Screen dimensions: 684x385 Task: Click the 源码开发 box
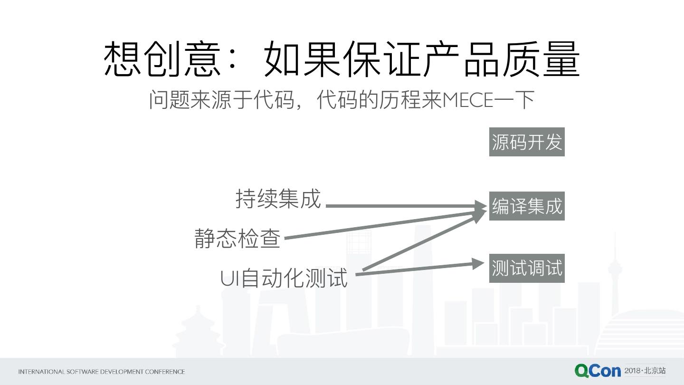(x=527, y=142)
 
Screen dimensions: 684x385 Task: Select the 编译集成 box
(x=527, y=206)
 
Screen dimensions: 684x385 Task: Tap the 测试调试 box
(x=527, y=268)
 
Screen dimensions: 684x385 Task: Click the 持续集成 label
(x=278, y=199)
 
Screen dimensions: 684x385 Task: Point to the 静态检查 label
(x=237, y=238)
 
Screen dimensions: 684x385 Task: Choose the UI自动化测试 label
(x=284, y=278)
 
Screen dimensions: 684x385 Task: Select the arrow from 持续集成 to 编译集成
(x=404, y=206)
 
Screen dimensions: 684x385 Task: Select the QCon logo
(x=597, y=371)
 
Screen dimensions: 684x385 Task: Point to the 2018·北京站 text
(x=645, y=370)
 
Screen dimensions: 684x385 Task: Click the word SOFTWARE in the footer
(x=83, y=372)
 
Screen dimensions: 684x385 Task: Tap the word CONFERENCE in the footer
(x=165, y=372)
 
